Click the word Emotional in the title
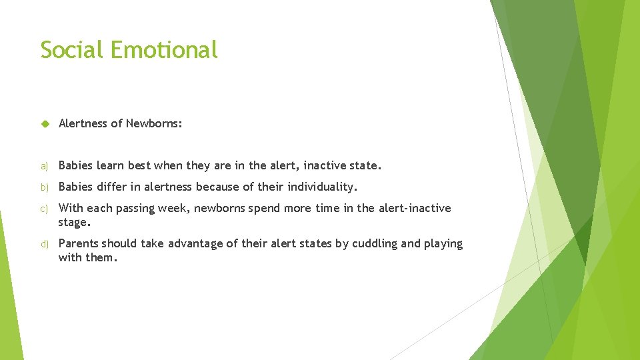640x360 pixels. coord(164,49)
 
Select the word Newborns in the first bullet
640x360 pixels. coord(154,123)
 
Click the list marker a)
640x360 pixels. coord(44,166)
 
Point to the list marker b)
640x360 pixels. coord(44,187)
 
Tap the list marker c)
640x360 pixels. coord(44,209)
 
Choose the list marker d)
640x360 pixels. coord(44,244)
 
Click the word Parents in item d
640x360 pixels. coord(78,243)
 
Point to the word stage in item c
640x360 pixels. coord(74,222)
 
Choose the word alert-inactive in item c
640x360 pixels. coord(414,208)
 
